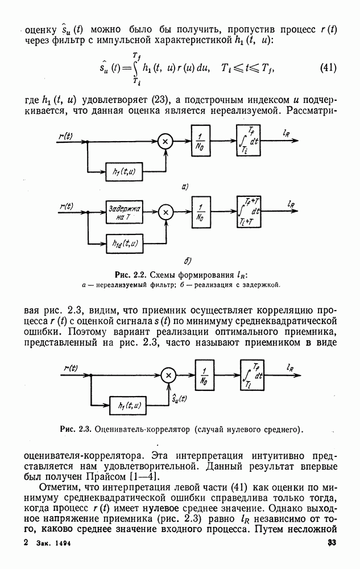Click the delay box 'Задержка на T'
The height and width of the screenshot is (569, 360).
coord(125,212)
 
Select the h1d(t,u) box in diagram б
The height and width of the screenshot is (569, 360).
coord(125,244)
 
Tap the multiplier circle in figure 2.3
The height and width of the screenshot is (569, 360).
coord(168,375)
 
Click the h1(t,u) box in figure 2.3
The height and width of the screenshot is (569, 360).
coord(129,406)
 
